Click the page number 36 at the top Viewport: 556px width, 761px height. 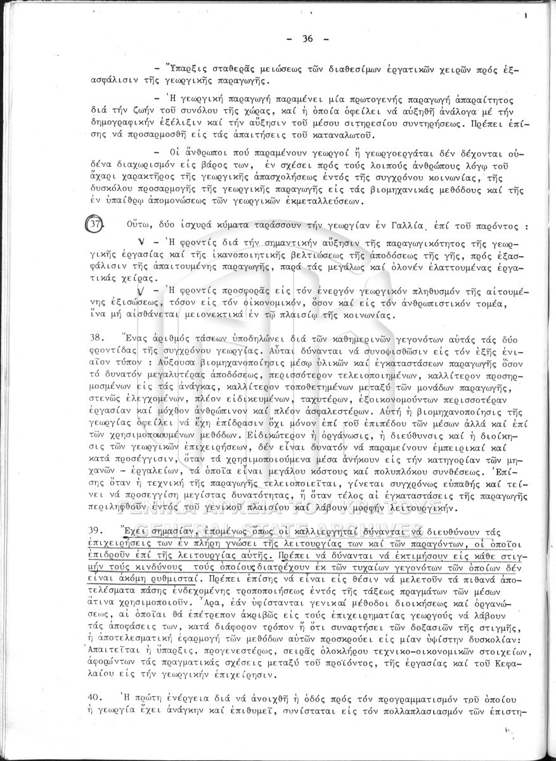(308, 39)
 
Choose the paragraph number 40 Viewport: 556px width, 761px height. (96, 698)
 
